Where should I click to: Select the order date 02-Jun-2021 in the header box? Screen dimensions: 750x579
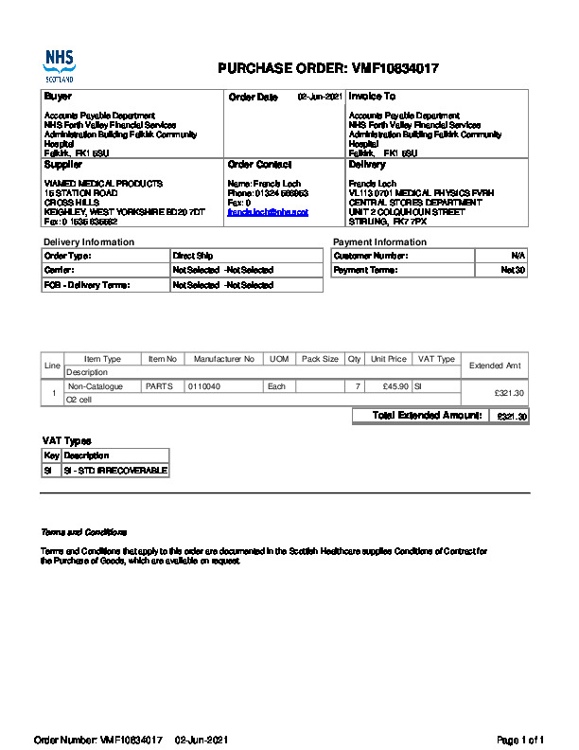click(x=320, y=97)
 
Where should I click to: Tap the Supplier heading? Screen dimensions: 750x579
click(x=63, y=165)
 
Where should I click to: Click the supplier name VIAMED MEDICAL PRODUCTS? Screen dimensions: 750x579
click(x=103, y=183)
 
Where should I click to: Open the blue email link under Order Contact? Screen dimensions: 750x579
click(x=268, y=212)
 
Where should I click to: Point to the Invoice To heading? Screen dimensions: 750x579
click(x=372, y=97)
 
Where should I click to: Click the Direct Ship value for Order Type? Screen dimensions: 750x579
click(x=193, y=256)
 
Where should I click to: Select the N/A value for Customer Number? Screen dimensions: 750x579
click(x=518, y=256)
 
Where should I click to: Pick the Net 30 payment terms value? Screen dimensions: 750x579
click(x=513, y=270)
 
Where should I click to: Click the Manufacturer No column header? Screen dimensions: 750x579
click(x=224, y=360)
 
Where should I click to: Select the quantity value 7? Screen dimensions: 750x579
click(x=357, y=386)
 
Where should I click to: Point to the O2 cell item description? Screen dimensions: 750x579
click(x=79, y=400)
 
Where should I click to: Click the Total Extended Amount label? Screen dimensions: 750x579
click(x=427, y=416)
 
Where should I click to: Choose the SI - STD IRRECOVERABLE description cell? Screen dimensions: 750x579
click(x=115, y=470)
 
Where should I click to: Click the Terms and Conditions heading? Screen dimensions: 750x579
click(x=83, y=532)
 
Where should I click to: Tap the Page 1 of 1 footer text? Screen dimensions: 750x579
click(x=520, y=739)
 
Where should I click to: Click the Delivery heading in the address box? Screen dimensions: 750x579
click(x=367, y=165)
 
